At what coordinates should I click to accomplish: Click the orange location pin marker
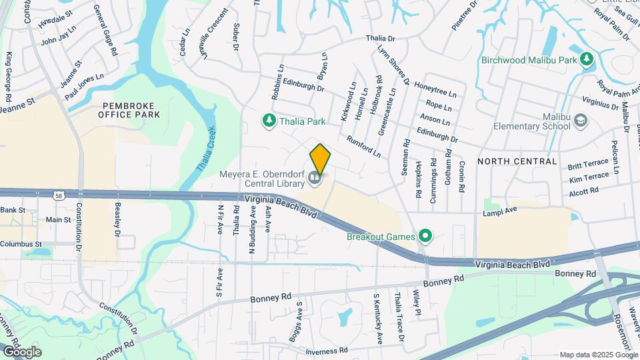point(320,159)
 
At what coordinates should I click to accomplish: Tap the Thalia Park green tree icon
point(269,121)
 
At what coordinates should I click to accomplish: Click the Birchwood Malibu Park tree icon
point(587,59)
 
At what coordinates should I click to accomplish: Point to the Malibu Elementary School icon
point(581,121)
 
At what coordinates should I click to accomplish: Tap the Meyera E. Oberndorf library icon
point(315,178)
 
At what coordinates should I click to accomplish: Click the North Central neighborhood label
point(517,161)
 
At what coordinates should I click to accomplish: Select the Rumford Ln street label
point(363,147)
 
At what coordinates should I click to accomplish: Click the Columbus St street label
point(21,245)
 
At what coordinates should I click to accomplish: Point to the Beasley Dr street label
point(117,221)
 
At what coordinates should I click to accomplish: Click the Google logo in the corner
point(21,351)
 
